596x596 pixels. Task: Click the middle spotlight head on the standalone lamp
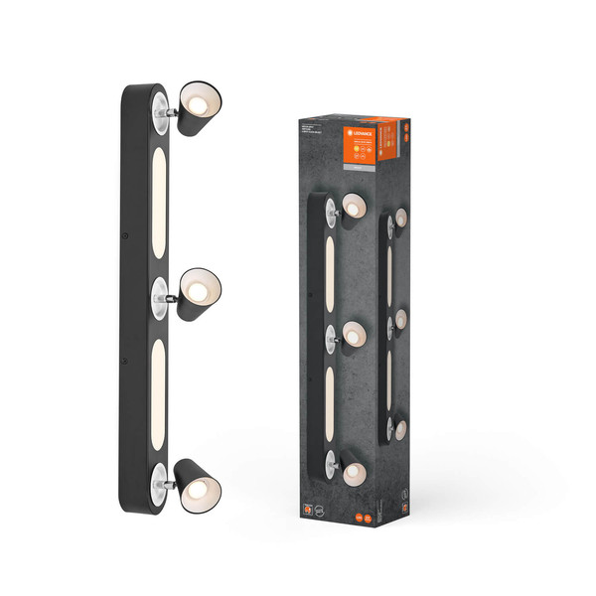[x=199, y=290]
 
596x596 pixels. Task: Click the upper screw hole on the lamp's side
[x=125, y=236]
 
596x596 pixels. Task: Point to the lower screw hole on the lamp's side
[x=123, y=360]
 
